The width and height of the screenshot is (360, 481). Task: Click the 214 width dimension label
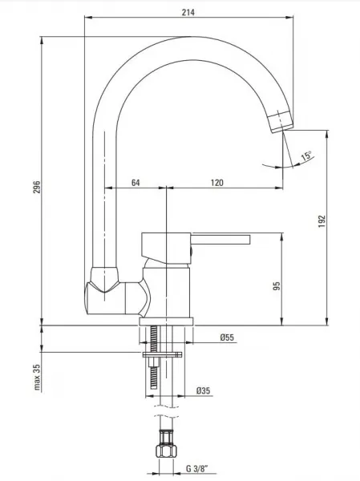(188, 12)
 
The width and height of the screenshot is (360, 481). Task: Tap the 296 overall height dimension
(37, 187)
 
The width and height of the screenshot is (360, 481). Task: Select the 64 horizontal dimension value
(136, 183)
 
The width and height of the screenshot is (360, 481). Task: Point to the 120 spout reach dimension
(217, 183)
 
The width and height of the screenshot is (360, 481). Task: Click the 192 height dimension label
(322, 221)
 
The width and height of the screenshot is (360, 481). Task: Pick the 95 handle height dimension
(277, 286)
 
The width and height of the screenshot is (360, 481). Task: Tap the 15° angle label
(306, 156)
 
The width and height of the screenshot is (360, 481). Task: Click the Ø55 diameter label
(227, 338)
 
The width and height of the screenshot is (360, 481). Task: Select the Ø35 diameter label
(203, 390)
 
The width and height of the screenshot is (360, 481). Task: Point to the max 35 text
(37, 377)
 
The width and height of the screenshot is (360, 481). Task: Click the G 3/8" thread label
(197, 469)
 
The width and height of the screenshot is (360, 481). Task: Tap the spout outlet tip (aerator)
(281, 122)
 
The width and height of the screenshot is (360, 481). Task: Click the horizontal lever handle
(220, 240)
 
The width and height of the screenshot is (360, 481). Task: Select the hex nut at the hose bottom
(166, 451)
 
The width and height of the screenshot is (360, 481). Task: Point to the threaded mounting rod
(154, 358)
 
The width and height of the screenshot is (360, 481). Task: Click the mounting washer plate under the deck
(162, 355)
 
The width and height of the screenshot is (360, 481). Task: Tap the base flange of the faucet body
(166, 321)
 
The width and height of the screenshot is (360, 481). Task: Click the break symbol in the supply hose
(166, 411)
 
